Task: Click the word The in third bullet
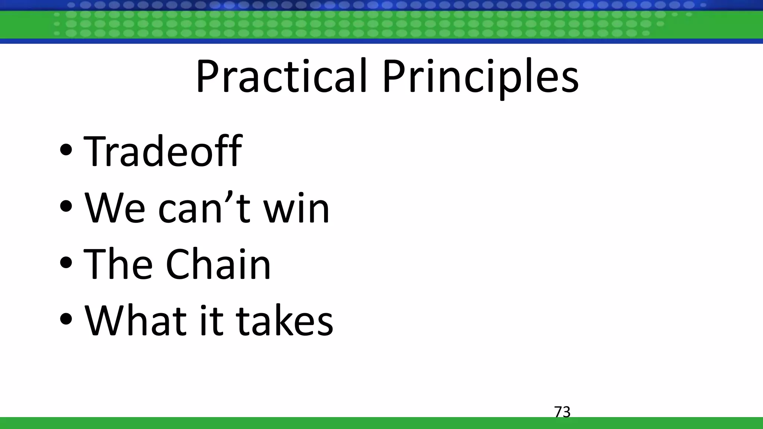(x=118, y=264)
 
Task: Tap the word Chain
(x=218, y=264)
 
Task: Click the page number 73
(x=562, y=412)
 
